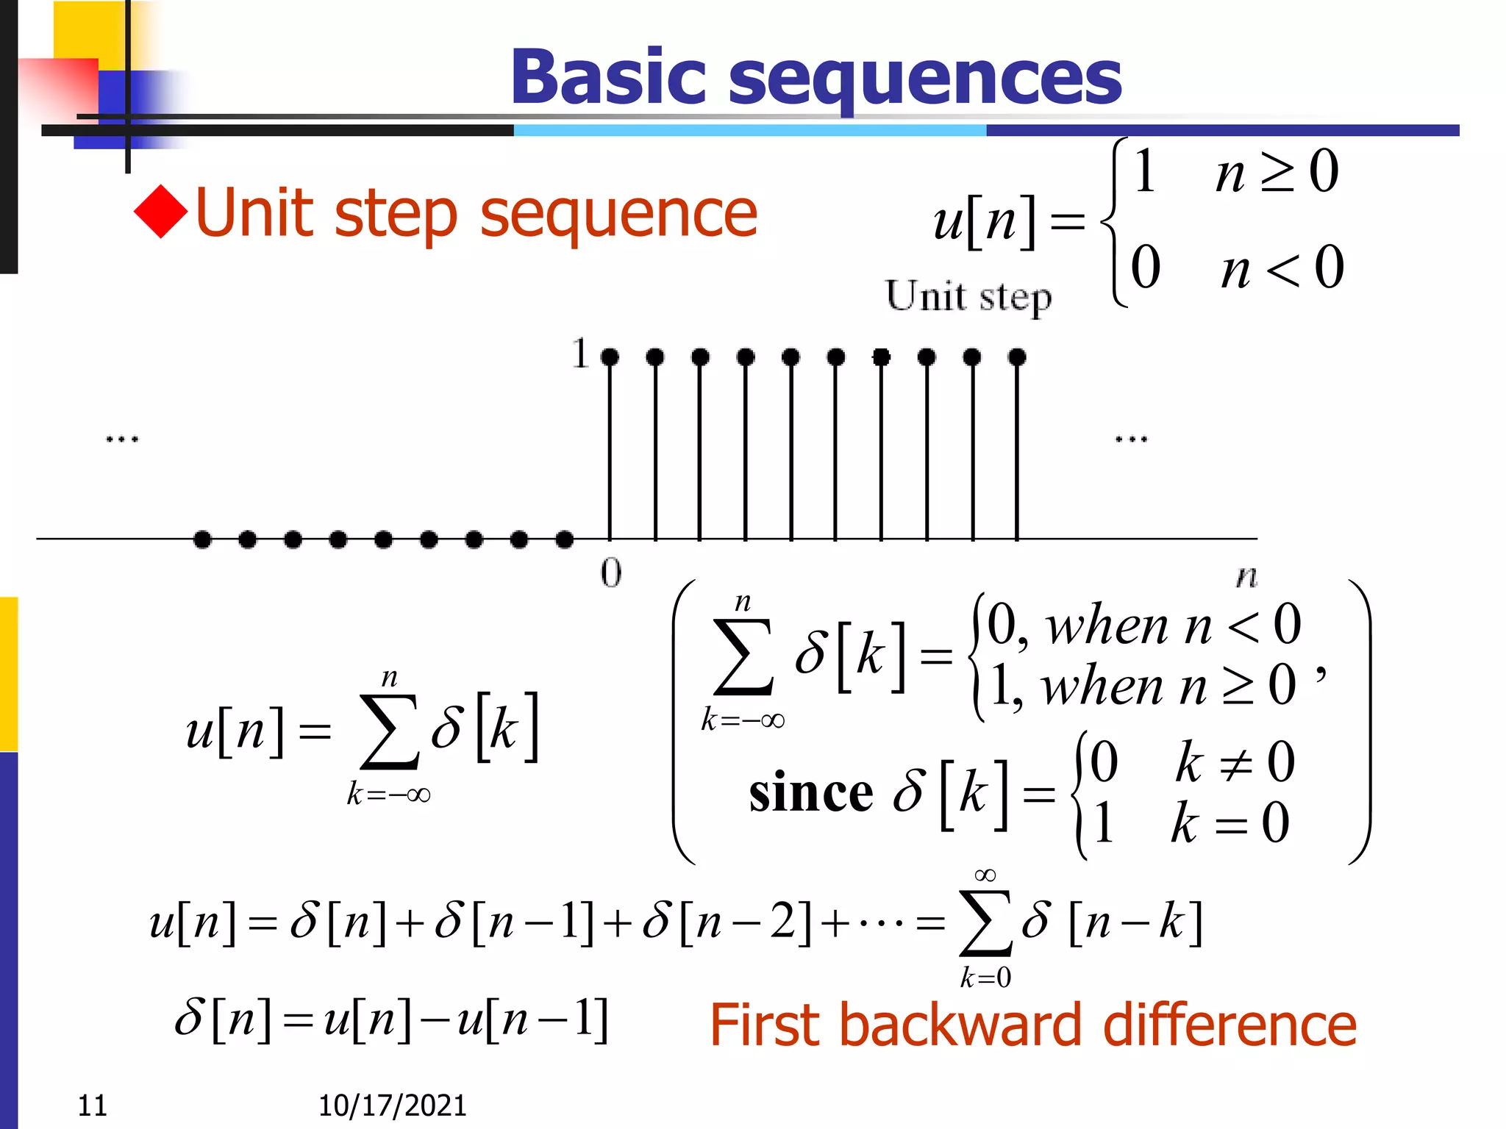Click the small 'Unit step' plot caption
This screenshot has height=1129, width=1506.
click(x=968, y=298)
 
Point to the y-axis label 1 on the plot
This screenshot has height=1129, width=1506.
click(x=581, y=354)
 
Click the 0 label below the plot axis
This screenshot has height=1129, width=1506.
click(x=611, y=573)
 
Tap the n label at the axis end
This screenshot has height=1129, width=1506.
click(x=1246, y=576)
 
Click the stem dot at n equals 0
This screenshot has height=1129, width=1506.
click(x=610, y=358)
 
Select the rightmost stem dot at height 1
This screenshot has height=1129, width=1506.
click(x=1017, y=358)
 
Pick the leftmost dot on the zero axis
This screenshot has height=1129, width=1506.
click(x=202, y=540)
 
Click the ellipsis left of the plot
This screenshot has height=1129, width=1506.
click(x=122, y=440)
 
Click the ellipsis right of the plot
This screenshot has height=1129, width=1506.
click(x=1131, y=440)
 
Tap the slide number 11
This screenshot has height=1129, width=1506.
click(x=93, y=1105)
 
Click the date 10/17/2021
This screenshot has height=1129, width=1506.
click(x=392, y=1105)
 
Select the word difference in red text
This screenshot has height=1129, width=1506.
click(x=1230, y=1025)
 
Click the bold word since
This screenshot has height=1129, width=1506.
click(x=811, y=794)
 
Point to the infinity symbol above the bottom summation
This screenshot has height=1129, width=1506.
click(x=985, y=875)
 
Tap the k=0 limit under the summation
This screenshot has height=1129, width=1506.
click(x=985, y=978)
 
